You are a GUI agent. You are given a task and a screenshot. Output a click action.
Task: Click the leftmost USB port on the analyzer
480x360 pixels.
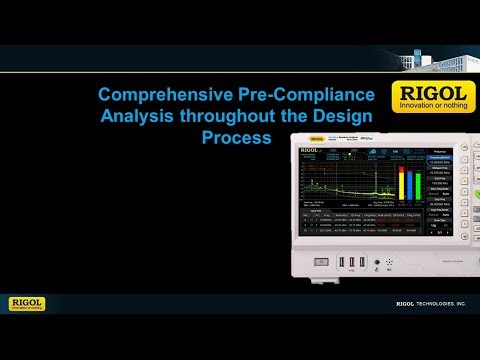[343, 263]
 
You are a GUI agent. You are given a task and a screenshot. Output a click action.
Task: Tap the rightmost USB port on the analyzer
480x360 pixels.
[359, 263]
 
